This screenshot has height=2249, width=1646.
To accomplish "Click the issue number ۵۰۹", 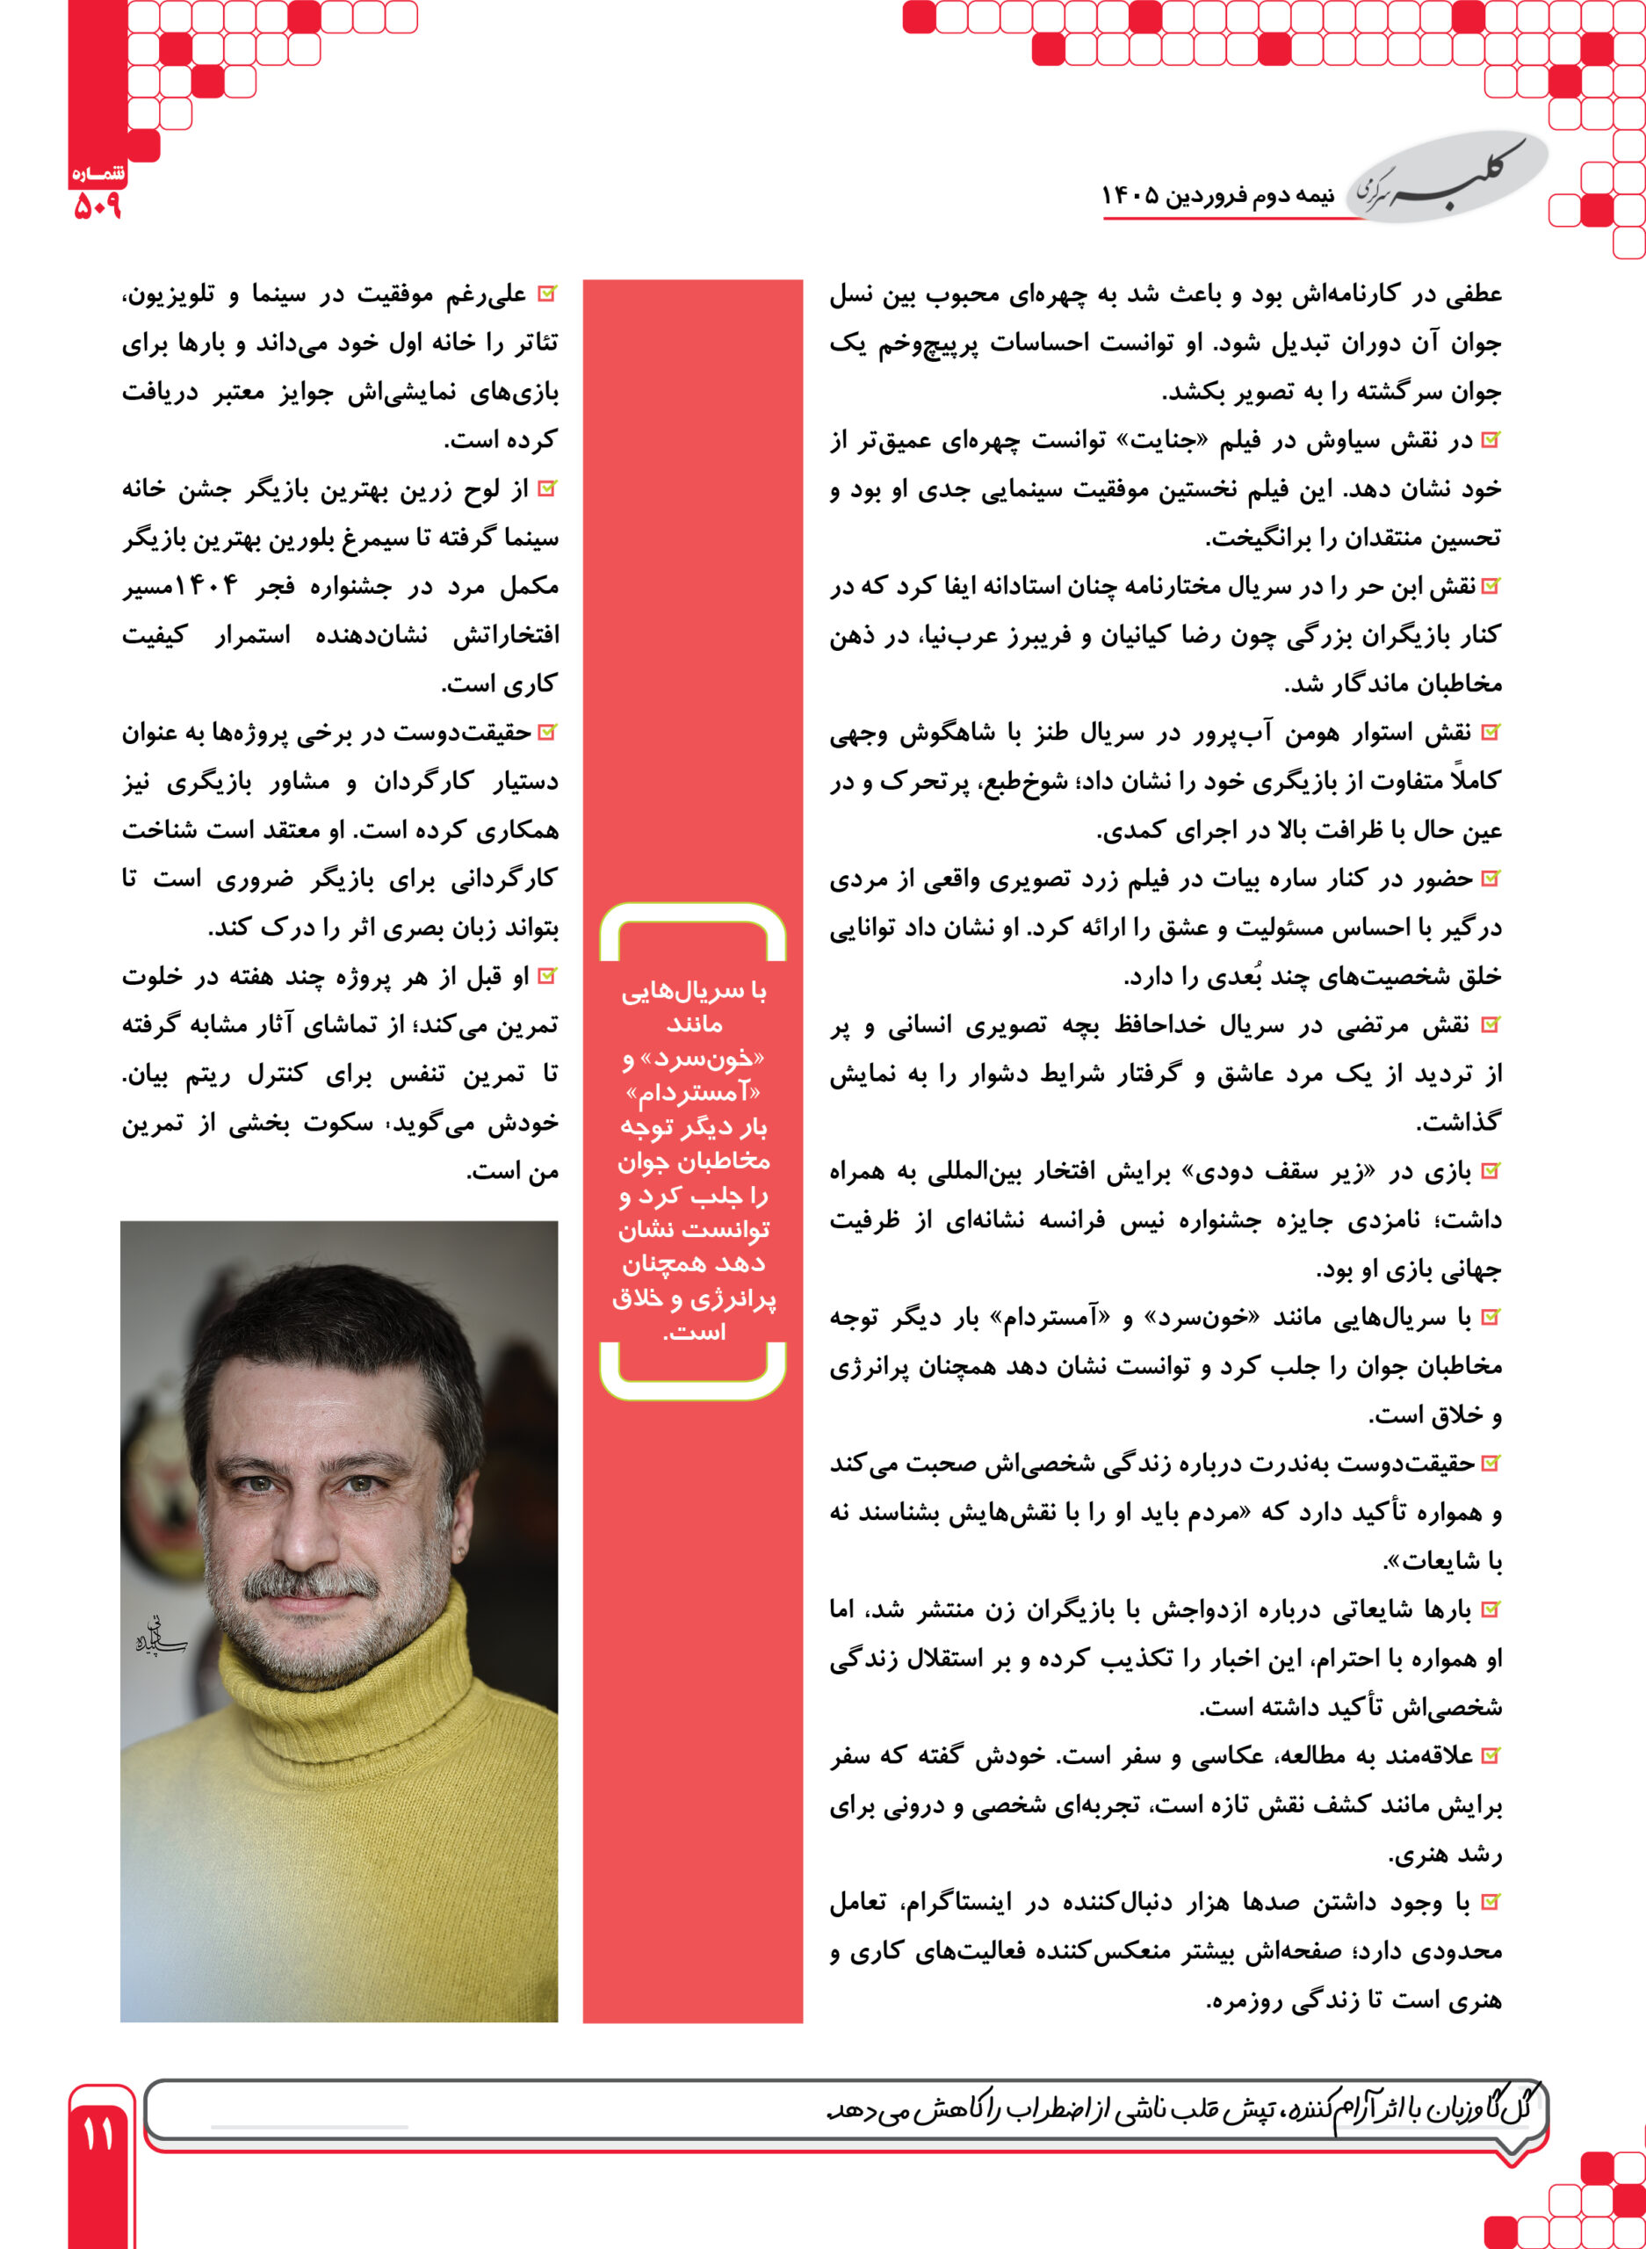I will coord(97,206).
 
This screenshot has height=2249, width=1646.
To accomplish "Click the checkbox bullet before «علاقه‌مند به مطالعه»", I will coord(1491,1756).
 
